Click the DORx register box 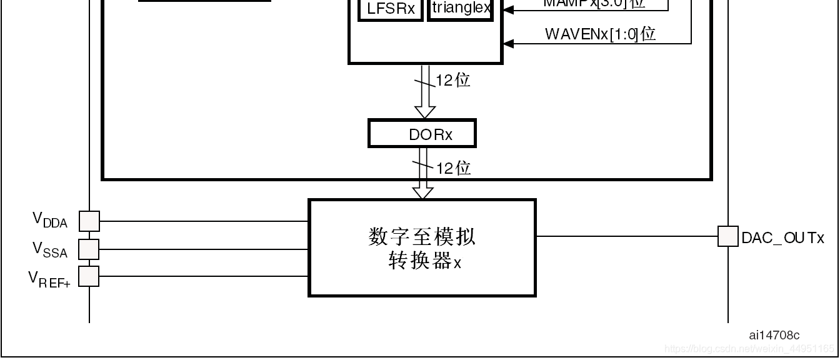click(422, 134)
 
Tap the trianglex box click(461, 9)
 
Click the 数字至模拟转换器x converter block click(422, 248)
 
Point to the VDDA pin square click(89, 221)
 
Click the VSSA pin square click(89, 249)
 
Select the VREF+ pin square click(89, 276)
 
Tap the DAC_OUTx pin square click(727, 236)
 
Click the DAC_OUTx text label click(782, 238)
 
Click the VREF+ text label click(49, 279)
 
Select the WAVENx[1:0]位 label click(600, 34)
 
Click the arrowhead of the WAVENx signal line click(508, 43)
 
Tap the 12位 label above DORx click(453, 81)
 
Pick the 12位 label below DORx click(453, 168)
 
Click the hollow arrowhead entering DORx click(425, 112)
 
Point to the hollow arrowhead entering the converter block click(423, 193)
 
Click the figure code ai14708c click(774, 336)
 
